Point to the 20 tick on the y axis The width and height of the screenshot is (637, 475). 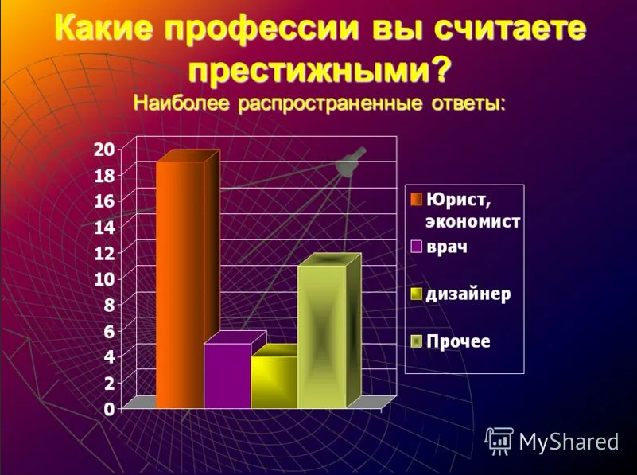click(x=104, y=148)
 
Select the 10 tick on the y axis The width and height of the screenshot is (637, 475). click(x=104, y=278)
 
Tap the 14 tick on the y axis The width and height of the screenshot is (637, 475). click(x=104, y=227)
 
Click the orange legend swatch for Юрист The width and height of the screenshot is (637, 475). click(x=416, y=197)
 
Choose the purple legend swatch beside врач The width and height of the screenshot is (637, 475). click(x=416, y=246)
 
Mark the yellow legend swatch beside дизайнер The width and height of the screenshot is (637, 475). click(x=416, y=294)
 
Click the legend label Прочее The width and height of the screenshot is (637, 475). click(x=459, y=342)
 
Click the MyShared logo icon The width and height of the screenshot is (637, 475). click(x=499, y=441)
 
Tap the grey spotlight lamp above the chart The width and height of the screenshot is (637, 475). click(x=350, y=162)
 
